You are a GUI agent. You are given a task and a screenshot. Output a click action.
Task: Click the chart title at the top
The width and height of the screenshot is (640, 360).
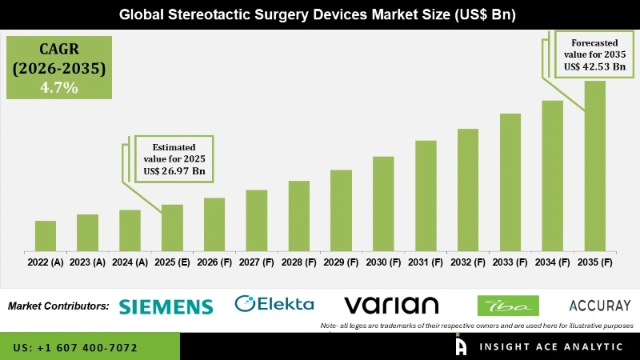coord(320,14)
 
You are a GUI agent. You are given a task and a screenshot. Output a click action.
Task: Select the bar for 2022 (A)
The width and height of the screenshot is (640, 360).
coord(46,236)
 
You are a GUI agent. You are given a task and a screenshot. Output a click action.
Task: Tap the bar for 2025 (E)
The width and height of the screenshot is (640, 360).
coord(172,228)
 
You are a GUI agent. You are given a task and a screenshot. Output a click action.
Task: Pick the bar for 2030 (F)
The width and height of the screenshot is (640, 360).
coord(383,204)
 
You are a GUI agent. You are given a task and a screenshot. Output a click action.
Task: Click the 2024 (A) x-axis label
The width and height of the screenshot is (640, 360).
coord(130,262)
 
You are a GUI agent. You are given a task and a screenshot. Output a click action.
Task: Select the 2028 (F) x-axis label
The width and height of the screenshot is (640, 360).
coord(298,262)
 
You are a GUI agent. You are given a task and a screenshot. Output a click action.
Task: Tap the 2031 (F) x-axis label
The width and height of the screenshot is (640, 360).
coord(426,262)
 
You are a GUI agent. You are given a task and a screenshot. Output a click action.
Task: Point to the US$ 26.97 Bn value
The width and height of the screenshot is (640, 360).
coord(174,170)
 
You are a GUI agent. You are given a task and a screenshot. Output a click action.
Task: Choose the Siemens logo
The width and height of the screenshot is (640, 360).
coord(166,306)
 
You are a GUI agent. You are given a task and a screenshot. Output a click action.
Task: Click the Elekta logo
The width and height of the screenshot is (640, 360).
coord(274,304)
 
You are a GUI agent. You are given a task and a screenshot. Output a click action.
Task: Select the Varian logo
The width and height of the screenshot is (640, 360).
coord(391,305)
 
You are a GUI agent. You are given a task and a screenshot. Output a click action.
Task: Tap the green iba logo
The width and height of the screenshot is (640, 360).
coord(507,306)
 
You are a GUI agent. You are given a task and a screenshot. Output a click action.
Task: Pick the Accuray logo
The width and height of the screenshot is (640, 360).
coord(600,306)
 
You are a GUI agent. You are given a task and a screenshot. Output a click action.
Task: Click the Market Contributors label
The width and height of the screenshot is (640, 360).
coord(58,306)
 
